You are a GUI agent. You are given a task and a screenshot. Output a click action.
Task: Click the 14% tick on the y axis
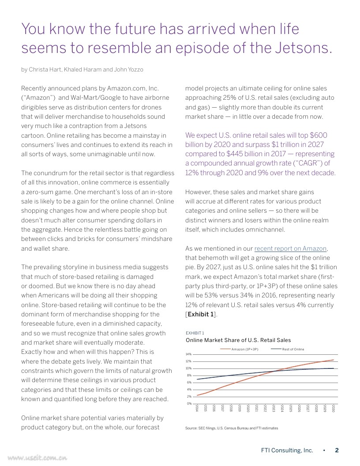188,354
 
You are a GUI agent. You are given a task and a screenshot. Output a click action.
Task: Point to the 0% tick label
189,403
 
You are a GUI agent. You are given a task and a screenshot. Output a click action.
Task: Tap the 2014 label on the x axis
197,408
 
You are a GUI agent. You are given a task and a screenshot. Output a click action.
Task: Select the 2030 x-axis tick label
334,408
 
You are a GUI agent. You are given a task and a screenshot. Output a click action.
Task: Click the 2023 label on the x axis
274,408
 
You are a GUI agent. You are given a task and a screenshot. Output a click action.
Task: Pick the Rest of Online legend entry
293,349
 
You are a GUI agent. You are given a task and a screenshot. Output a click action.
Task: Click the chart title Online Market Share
238,340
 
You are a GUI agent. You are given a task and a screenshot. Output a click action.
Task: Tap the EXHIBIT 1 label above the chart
195,333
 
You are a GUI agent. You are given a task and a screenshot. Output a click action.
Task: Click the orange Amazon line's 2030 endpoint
334,360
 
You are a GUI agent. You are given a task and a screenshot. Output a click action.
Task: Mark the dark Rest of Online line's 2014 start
197,379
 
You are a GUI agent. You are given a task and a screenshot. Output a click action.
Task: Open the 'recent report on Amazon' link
291,248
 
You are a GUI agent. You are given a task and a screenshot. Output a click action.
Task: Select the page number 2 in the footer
337,451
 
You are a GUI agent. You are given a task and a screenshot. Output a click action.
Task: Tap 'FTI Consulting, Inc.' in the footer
287,451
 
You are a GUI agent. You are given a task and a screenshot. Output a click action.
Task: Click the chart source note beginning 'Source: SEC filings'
232,428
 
